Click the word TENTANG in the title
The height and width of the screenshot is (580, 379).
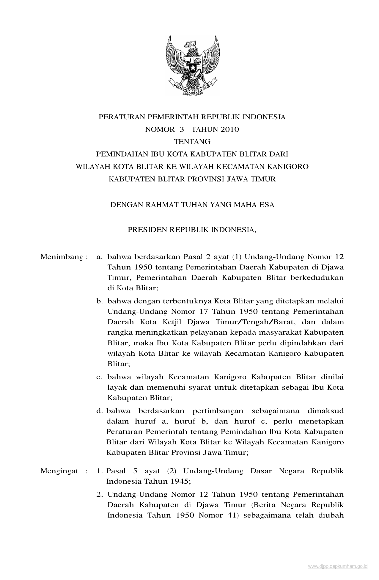pos(192,142)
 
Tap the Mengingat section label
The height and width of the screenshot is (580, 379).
pos(59,471)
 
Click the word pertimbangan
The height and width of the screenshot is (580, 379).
pos(218,411)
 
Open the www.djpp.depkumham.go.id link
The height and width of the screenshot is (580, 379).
pos(338,567)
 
